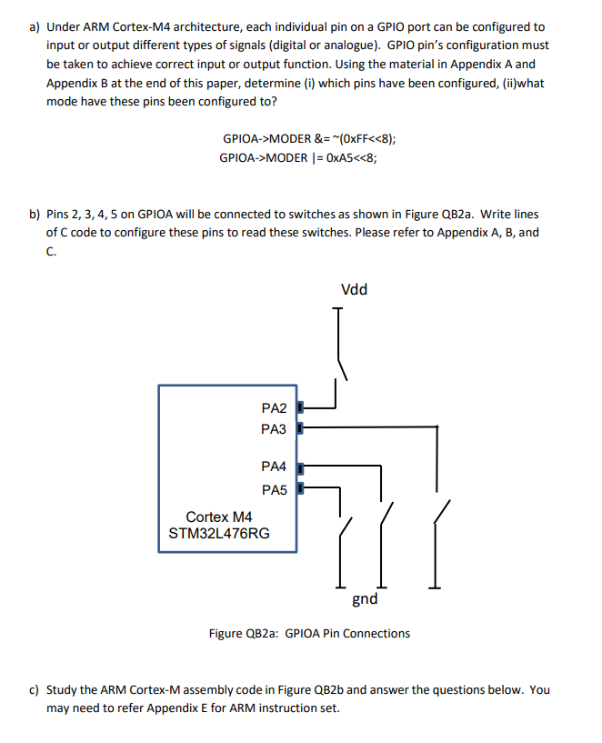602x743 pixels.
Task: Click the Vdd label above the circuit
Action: [354, 290]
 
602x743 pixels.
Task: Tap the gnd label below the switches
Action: [365, 599]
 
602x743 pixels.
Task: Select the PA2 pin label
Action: [274, 407]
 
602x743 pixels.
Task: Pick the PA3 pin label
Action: [274, 428]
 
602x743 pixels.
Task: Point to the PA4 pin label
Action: [274, 467]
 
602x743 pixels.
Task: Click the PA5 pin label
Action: [274, 490]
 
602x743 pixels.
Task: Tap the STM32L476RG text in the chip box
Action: [219, 533]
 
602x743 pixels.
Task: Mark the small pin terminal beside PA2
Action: [301, 407]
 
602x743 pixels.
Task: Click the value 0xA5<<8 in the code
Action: [347, 157]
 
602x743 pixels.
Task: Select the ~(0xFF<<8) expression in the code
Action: [365, 139]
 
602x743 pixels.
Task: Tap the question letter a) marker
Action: [35, 27]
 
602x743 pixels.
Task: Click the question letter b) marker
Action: [35, 215]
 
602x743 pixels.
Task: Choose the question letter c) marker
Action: [35, 690]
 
